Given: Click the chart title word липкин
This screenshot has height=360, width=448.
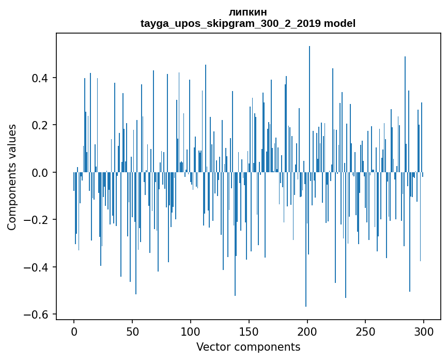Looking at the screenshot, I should [248, 12].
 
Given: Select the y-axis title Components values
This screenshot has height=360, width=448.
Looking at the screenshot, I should [12, 177].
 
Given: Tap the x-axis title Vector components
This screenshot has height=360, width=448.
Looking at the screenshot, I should [248, 347].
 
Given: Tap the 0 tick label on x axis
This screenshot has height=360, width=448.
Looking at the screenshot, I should [74, 331].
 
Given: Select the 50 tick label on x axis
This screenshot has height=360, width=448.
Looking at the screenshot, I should [132, 331].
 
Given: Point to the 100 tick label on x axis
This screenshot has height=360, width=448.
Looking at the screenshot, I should [191, 331].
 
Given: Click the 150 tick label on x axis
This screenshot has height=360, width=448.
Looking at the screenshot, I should [249, 331].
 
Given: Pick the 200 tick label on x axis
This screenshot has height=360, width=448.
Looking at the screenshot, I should [307, 331].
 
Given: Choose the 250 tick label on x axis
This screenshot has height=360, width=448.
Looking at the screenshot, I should [365, 331].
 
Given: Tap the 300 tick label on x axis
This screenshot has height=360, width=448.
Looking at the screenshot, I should [424, 331].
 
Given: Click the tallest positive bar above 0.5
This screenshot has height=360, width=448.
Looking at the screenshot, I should [310, 103].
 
